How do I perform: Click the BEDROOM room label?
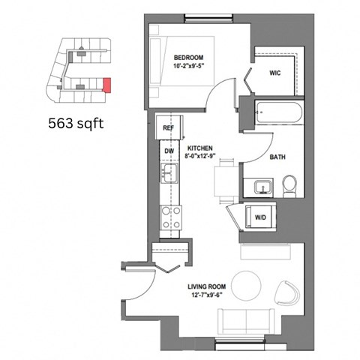click(189, 57)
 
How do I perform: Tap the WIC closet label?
click(274, 73)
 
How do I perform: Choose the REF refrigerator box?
click(169, 128)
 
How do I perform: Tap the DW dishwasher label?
click(169, 151)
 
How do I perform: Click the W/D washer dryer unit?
click(259, 217)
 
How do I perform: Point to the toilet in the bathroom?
click(289, 184)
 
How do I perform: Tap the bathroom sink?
click(262, 186)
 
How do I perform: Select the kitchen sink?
click(169, 175)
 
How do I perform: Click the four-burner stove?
click(171, 217)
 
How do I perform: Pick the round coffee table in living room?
click(247, 285)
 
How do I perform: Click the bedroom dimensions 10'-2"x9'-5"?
click(189, 67)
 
